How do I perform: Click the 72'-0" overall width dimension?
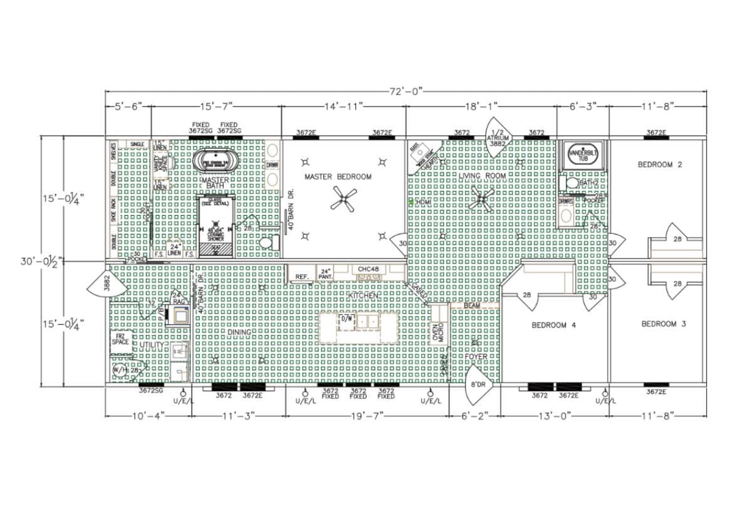pos(406,92)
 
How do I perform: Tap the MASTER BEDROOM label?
pos(338,177)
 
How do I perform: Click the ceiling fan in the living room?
pos(483,201)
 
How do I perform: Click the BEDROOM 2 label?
pos(659,165)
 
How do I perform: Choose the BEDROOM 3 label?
pos(663,324)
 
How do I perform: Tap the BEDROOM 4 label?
pos(553,325)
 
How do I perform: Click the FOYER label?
pos(476,356)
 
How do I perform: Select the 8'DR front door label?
pos(477,384)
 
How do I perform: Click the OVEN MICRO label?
pos(438,334)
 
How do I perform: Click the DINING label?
pos(239,332)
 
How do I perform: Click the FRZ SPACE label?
pos(120,339)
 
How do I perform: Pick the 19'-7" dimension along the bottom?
pos(367,415)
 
